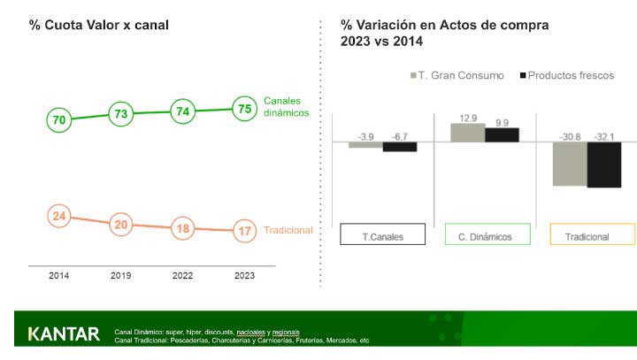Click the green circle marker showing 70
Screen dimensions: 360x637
click(59, 119)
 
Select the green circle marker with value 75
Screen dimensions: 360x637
click(243, 109)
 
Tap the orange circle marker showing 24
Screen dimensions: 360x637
click(59, 216)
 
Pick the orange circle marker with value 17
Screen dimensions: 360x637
click(243, 231)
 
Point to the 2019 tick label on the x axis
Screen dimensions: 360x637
click(121, 276)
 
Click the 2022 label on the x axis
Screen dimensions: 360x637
click(182, 276)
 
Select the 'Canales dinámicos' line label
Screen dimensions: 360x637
click(287, 107)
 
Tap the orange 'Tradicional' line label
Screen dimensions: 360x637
click(288, 231)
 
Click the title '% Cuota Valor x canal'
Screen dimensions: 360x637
click(98, 25)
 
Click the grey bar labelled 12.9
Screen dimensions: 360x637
click(468, 133)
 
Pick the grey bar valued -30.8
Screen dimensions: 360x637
click(570, 163)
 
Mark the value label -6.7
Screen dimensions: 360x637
click(400, 137)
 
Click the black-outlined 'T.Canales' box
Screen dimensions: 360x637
click(383, 235)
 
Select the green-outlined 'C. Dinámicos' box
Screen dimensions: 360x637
click(487, 235)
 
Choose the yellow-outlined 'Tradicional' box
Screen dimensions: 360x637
click(592, 235)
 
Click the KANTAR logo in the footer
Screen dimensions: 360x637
click(64, 334)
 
